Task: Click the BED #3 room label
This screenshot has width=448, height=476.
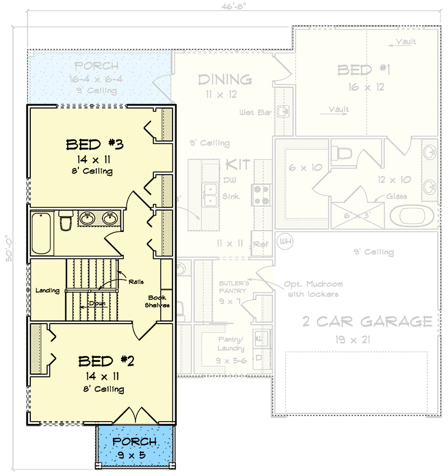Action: coord(95,144)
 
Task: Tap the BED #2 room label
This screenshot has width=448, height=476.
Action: coord(106,361)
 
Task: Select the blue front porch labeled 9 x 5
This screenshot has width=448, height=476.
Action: coord(134,447)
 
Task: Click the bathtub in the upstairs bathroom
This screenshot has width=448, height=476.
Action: coord(41,232)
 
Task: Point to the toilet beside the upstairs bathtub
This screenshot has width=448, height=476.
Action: coord(65,221)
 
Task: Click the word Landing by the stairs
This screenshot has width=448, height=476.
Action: coord(48,291)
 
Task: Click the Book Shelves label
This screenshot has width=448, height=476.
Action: coord(158,301)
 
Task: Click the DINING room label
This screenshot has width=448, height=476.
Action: coord(224,80)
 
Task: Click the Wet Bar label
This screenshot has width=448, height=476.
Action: coord(255,113)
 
